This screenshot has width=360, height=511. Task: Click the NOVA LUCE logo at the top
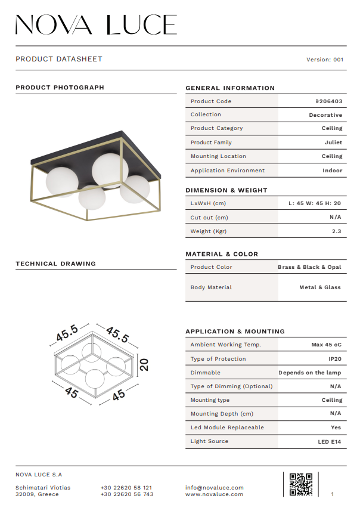point(96,24)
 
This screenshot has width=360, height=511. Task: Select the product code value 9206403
point(328,101)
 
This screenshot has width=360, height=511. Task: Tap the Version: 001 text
point(325,60)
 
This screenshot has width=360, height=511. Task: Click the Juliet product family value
point(334,143)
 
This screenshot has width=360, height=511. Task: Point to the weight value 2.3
point(336,231)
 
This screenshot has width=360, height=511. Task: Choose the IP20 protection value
point(334,359)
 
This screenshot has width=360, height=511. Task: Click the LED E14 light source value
point(330,442)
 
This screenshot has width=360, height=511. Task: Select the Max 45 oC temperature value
point(326,345)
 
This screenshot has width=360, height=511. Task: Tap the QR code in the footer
point(300,484)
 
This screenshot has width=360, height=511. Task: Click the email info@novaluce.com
point(215,488)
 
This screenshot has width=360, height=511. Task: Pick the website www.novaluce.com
point(214,494)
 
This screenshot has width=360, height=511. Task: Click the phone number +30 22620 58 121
point(126,488)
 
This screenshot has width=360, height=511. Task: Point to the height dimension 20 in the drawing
point(144,364)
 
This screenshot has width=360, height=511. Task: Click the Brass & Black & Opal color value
point(309,267)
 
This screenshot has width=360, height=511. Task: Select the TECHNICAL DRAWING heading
point(55,264)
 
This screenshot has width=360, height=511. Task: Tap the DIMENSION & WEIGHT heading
point(226,190)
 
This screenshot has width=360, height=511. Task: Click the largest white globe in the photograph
point(110,169)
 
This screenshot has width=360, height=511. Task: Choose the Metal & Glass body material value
point(320,287)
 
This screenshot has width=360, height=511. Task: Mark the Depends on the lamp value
point(309,373)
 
